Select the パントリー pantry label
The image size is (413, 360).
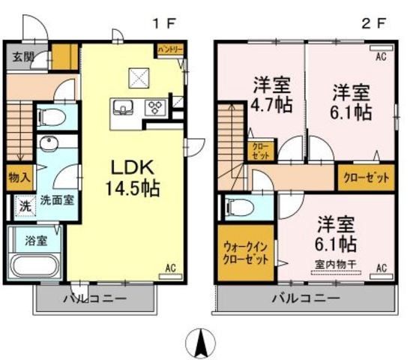pos(169,50)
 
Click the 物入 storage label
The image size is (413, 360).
pos(19,178)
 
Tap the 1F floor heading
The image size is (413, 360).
pos(162,22)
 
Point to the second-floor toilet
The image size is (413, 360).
pos(240,206)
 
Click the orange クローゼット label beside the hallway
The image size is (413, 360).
pos(366,178)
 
